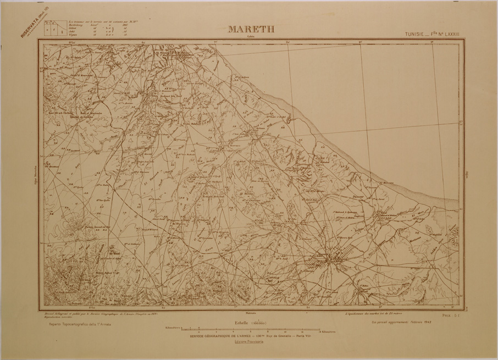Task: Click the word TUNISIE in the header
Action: pyautogui.click(x=416, y=34)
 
